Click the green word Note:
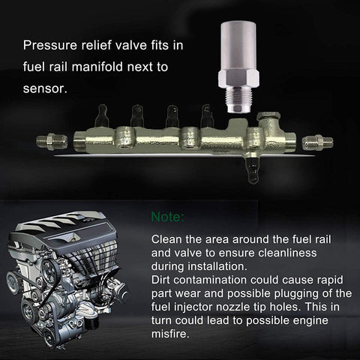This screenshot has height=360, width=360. [x=168, y=217]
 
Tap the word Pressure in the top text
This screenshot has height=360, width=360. [x=50, y=46]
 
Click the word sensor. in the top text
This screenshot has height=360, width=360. [x=45, y=88]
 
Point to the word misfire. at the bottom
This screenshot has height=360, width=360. [x=169, y=334]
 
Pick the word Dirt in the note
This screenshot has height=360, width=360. [x=160, y=280]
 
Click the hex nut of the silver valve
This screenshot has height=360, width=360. [x=238, y=79]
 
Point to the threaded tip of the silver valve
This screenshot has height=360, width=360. [x=238, y=100]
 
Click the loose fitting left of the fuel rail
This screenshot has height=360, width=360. [x=52, y=142]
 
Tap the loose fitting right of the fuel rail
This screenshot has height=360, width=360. [x=317, y=142]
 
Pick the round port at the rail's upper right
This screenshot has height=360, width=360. [x=268, y=116]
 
